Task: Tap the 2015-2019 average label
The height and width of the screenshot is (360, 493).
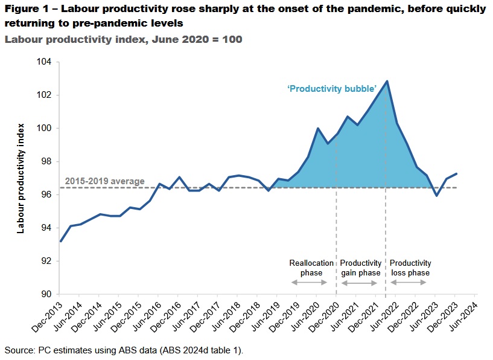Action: point(104,181)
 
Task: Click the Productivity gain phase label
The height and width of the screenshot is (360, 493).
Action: point(360,268)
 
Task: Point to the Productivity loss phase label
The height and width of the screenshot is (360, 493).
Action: point(410,268)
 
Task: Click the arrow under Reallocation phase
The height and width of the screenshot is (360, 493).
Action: point(309,282)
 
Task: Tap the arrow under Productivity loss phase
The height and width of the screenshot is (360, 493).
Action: point(410,282)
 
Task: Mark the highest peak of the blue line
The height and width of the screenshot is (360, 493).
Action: point(387,81)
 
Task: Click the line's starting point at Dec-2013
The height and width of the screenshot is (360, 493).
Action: point(61,241)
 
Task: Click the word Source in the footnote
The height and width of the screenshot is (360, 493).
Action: point(19,350)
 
